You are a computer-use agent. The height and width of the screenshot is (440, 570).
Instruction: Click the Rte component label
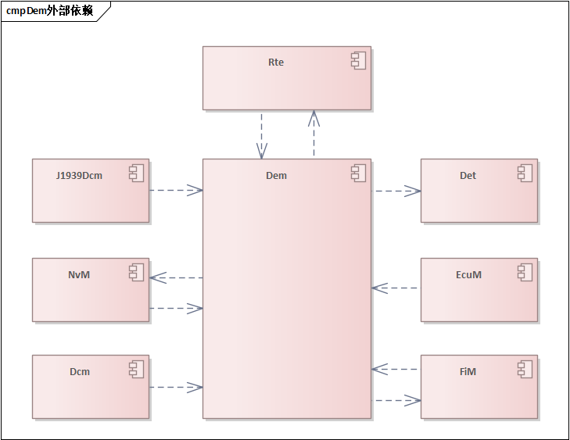click(x=275, y=63)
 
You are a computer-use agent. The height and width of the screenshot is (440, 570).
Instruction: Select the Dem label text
click(x=276, y=176)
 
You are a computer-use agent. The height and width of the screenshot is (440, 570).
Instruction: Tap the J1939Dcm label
click(x=80, y=176)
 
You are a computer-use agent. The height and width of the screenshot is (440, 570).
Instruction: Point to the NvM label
click(x=79, y=275)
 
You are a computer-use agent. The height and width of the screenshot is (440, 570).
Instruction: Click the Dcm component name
click(x=80, y=372)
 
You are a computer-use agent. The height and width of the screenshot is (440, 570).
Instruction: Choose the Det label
click(x=468, y=176)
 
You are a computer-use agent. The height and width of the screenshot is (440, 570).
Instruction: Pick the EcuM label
click(x=468, y=275)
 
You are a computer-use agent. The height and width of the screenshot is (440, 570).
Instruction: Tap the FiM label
click(x=468, y=372)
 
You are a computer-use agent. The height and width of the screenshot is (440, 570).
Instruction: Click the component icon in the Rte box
click(x=359, y=62)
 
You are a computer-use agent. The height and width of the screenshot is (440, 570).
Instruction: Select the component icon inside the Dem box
click(x=359, y=174)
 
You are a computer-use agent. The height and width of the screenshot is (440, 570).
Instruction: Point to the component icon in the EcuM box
click(x=525, y=272)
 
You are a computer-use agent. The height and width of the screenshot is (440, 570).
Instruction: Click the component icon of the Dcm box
click(x=137, y=369)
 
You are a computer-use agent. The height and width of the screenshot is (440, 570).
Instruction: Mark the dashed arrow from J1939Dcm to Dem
click(x=176, y=190)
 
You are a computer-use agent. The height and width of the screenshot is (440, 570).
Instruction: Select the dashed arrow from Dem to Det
click(x=397, y=191)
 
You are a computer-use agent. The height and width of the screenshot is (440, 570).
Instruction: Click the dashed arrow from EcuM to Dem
click(x=396, y=288)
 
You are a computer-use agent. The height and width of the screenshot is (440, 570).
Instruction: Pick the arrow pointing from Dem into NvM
click(x=176, y=277)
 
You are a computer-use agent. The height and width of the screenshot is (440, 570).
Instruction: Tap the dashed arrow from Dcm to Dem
click(x=176, y=387)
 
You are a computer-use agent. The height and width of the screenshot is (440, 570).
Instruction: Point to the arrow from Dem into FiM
click(x=397, y=401)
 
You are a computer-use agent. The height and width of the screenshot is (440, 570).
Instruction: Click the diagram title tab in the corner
click(x=50, y=11)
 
